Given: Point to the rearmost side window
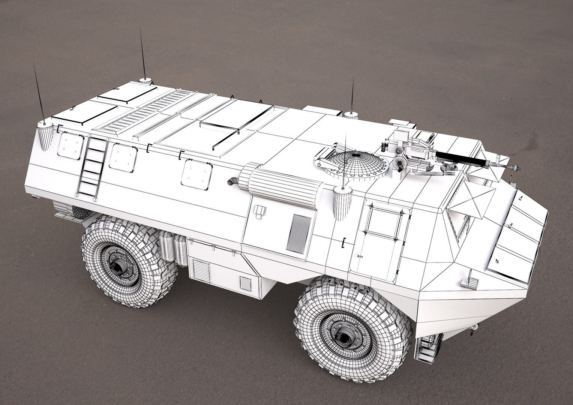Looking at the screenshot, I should coord(70,146).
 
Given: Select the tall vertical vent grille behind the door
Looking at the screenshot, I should coord(298,232).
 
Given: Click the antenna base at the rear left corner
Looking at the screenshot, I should coord(45,136).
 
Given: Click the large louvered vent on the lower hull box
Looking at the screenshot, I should coord(201,269).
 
